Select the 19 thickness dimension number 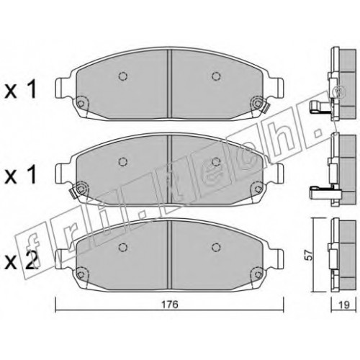tap(343, 305)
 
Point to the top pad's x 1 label tap(20, 89)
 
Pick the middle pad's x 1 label tap(20, 174)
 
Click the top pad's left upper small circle tap(123, 76)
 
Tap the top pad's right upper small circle tap(216, 76)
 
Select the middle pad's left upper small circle tap(123, 162)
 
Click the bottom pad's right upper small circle tap(216, 247)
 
